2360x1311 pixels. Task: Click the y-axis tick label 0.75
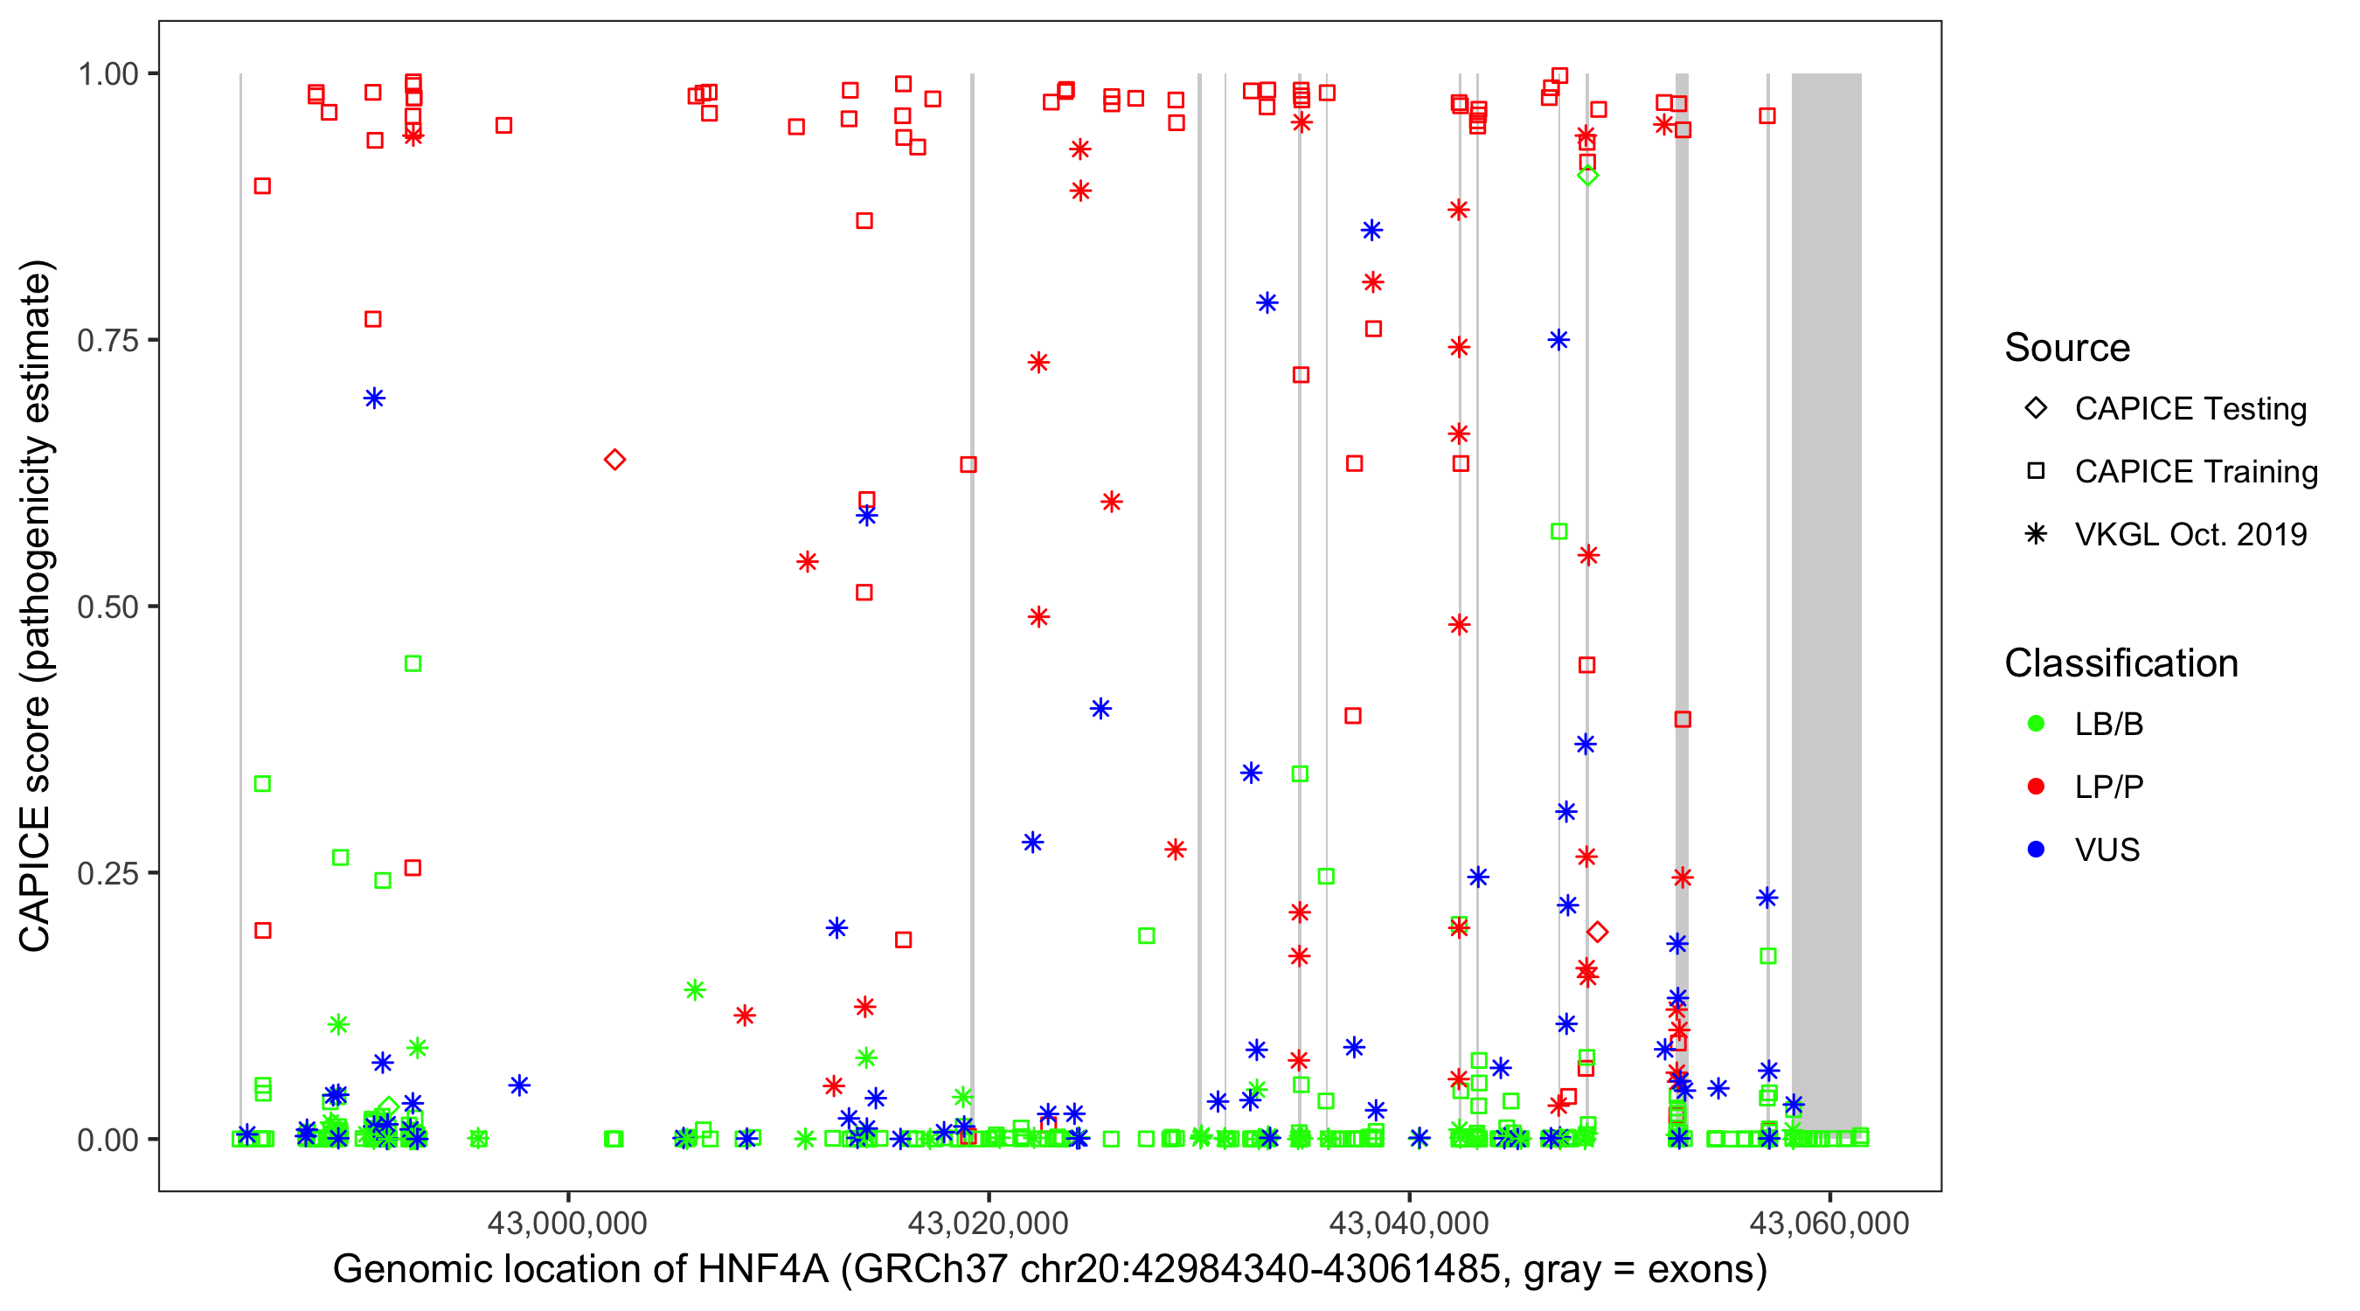coord(107,341)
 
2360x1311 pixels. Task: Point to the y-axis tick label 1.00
coord(107,74)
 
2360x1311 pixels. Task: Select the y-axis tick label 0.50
coord(107,607)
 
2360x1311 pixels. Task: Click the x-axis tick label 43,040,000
coord(1409,1223)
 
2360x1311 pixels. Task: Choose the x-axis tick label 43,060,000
coord(1829,1223)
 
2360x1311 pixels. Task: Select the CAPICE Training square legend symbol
coord(2036,471)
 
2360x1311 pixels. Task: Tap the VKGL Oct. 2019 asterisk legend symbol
coord(2036,534)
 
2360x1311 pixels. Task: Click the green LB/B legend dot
coord(2036,724)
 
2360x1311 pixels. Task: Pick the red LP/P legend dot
coord(2036,787)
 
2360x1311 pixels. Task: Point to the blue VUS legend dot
coord(2036,850)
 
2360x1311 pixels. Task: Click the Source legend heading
coord(2067,348)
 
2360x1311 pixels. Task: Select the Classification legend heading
coord(2121,663)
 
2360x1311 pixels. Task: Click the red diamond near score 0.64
coord(614,459)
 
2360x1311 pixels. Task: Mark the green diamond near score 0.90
coord(1587,176)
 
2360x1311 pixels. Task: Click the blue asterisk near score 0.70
coord(374,398)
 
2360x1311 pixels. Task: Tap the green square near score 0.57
coord(1558,531)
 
